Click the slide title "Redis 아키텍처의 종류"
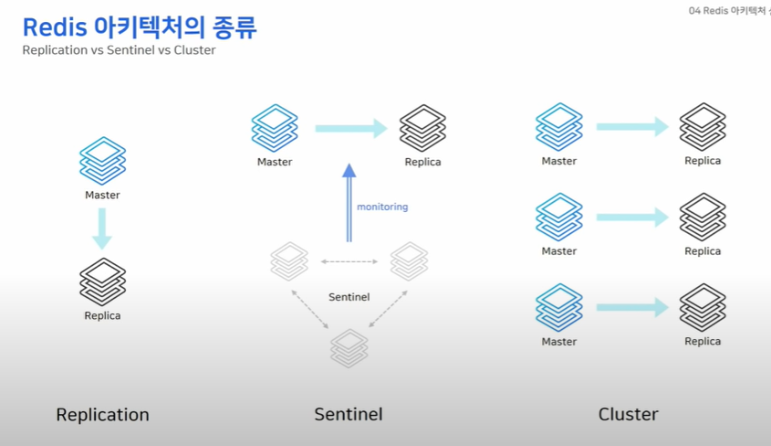click(140, 27)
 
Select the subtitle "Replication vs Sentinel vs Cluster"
click(119, 50)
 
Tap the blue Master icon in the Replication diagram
click(102, 162)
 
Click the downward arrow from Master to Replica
click(102, 228)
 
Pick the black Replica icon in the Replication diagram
click(102, 281)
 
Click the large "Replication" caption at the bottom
click(102, 414)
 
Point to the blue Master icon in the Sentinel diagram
click(275, 129)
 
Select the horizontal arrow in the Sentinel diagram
click(351, 129)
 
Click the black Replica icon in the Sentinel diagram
click(422, 129)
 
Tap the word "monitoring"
click(382, 207)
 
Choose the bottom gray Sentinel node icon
click(349, 348)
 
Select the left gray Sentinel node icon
click(289, 261)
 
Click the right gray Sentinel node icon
click(409, 261)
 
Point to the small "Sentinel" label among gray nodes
click(349, 297)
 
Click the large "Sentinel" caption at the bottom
click(349, 414)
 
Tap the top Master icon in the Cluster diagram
click(558, 127)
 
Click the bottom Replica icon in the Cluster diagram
click(703, 307)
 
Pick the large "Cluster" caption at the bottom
click(628, 414)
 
